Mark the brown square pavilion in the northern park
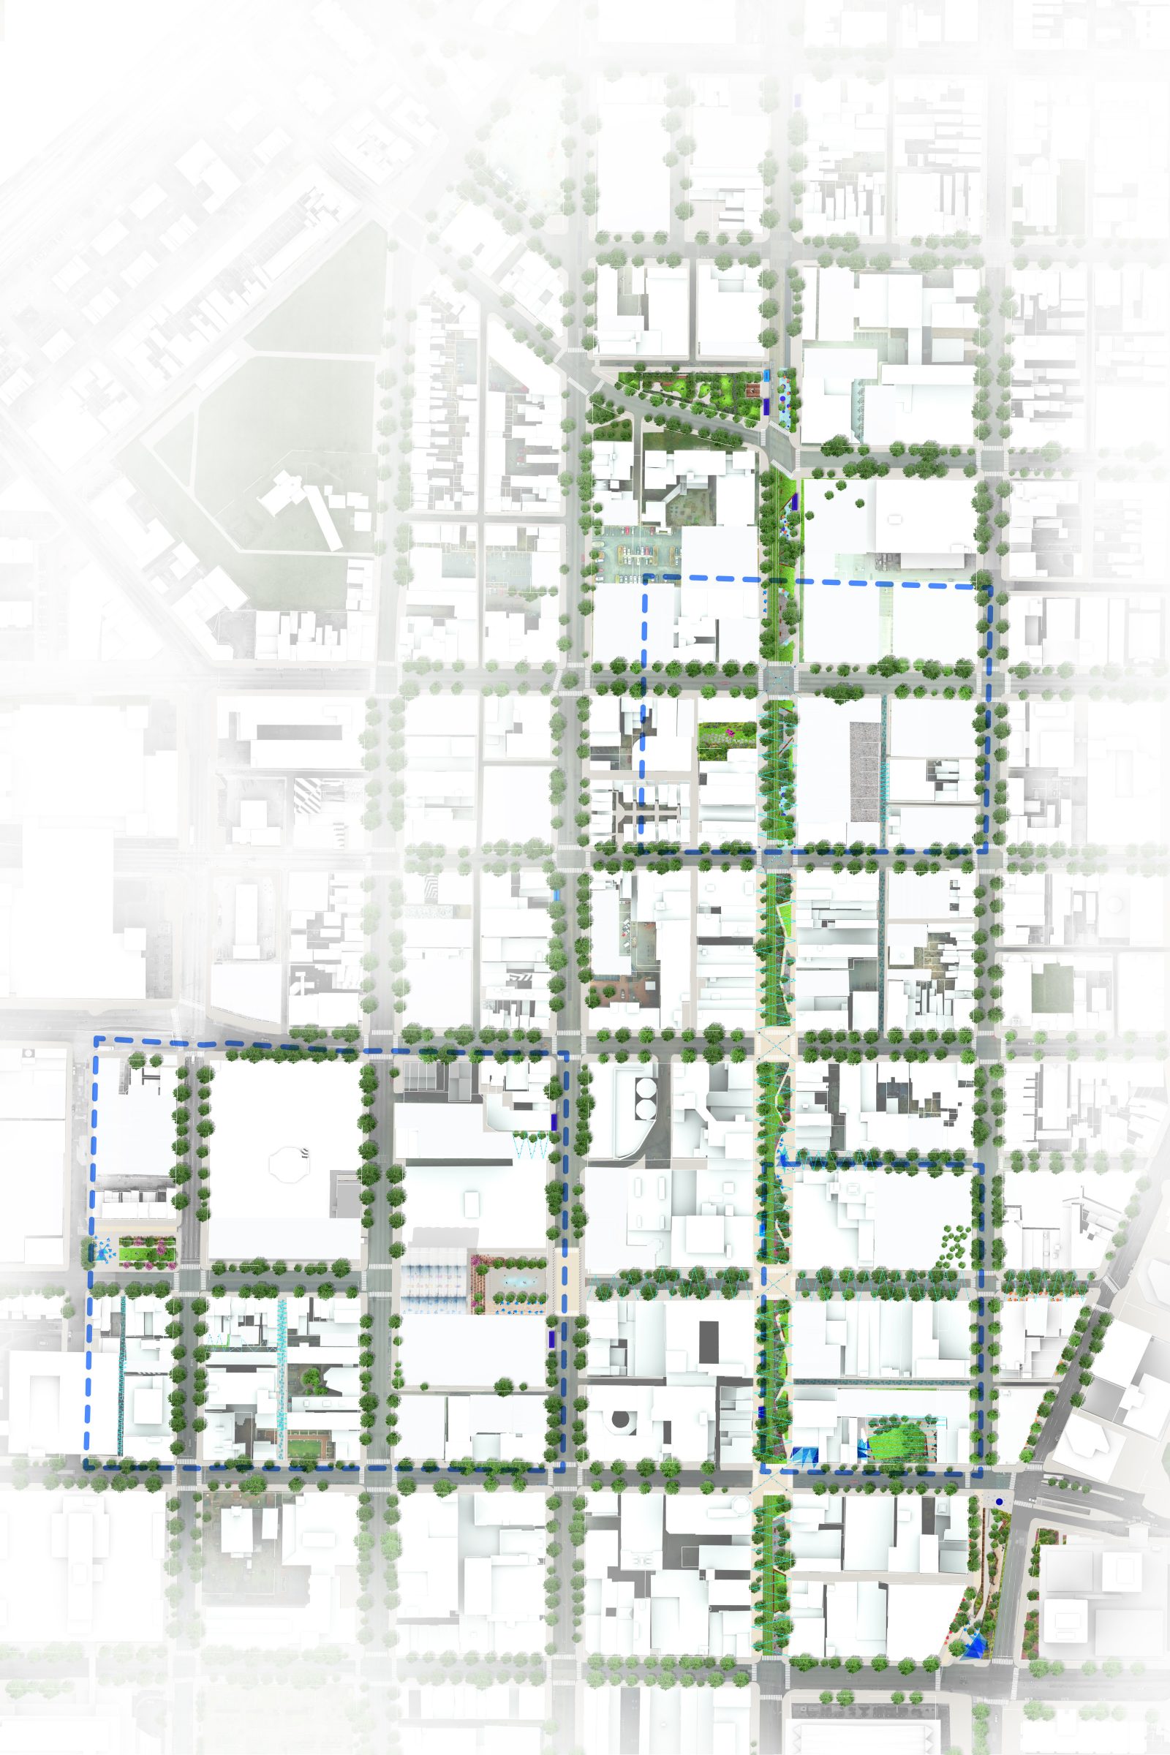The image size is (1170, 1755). [754, 391]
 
